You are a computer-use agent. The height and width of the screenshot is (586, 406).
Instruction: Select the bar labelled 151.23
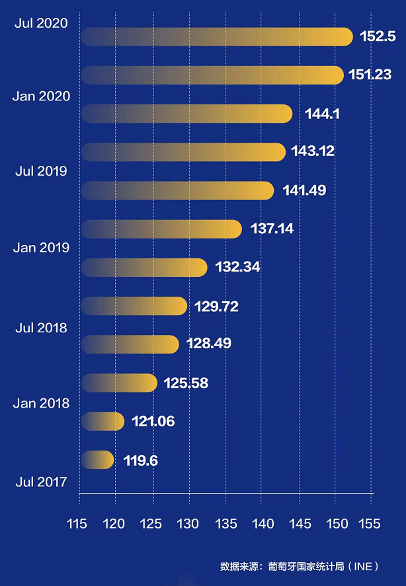click(212, 75)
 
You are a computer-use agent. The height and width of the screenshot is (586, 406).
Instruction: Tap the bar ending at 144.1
click(186, 114)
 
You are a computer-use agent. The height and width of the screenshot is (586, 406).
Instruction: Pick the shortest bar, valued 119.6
click(97, 460)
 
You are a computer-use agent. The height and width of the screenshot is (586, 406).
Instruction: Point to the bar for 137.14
click(161, 229)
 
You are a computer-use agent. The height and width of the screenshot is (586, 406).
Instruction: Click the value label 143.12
click(313, 151)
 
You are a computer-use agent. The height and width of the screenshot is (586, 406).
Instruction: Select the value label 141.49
click(304, 190)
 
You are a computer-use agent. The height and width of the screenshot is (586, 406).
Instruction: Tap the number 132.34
click(237, 268)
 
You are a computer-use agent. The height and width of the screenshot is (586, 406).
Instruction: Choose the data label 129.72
click(216, 307)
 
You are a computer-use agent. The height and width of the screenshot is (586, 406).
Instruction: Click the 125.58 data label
click(186, 383)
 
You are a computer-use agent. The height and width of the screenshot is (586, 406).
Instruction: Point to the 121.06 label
click(153, 421)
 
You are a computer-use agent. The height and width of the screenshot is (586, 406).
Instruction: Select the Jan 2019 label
click(41, 248)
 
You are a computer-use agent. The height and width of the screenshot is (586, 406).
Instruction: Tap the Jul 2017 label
click(41, 482)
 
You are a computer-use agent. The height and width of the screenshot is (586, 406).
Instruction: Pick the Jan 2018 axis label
click(41, 403)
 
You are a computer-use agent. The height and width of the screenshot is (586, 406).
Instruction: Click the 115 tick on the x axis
click(77, 524)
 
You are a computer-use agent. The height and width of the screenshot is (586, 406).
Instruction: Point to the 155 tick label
click(369, 524)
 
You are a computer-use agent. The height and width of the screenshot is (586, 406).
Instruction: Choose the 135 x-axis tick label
click(225, 524)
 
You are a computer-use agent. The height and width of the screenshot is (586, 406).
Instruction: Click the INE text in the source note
click(364, 567)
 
